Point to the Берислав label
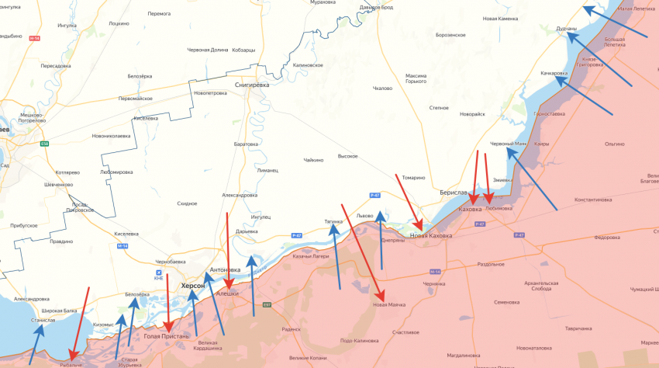[x=454, y=192]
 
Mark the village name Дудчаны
[x=566, y=29]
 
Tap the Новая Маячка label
[x=389, y=304]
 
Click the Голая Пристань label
[x=167, y=336]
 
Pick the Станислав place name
[x=43, y=320]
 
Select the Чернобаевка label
[x=171, y=262]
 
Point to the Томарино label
[x=414, y=177]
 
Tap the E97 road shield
[x=267, y=305]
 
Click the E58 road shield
[x=45, y=143]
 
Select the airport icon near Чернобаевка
[x=159, y=273]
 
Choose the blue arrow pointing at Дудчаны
[x=616, y=23]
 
